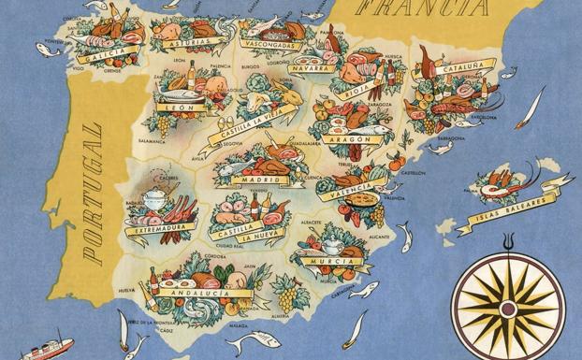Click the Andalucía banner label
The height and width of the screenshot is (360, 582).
[197, 293]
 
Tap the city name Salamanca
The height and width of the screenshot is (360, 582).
[153, 141]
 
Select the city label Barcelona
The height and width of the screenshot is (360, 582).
[484, 119]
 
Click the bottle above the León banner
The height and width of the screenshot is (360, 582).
[192, 74]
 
